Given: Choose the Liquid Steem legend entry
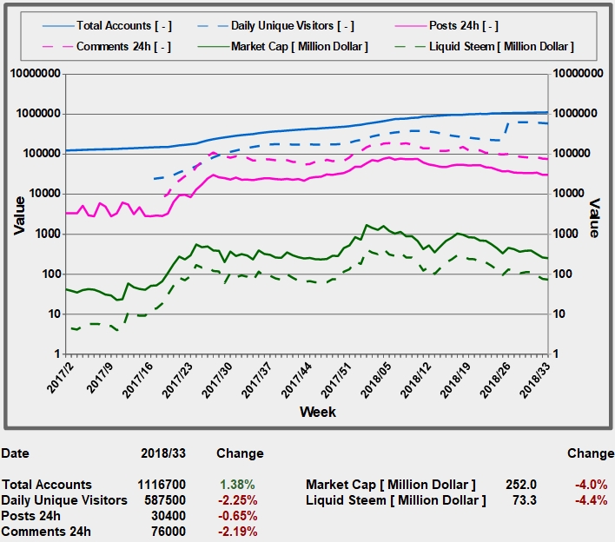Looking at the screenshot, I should pos(501,46).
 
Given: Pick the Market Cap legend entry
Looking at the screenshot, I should pos(299,46).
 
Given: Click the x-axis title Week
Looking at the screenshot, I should pos(318,411).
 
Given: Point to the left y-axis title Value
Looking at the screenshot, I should pos(18,215).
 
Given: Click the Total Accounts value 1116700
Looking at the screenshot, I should pos(162,485).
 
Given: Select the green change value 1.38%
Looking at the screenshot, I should pos(239,485).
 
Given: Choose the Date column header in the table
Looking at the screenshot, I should pos(15,453).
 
